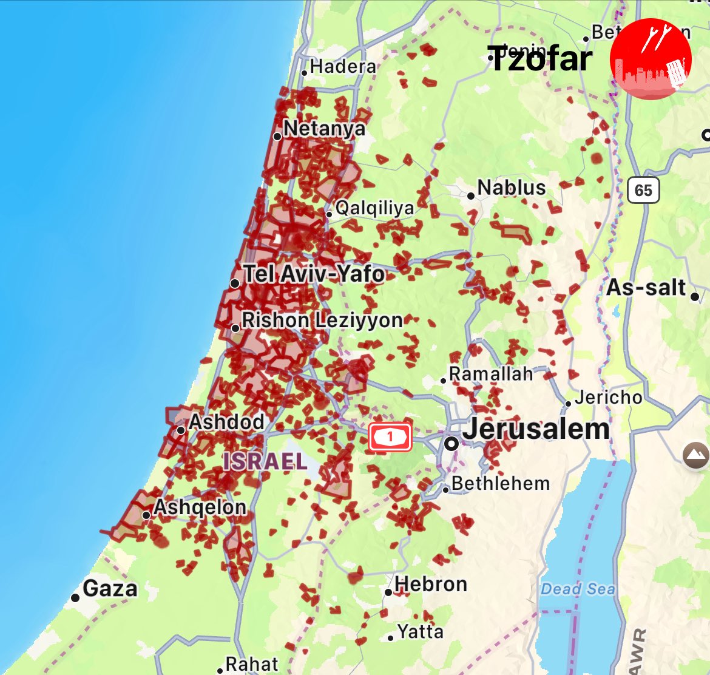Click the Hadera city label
click(343, 66)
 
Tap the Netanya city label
click(324, 129)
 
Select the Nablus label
click(511, 188)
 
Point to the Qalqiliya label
click(374, 208)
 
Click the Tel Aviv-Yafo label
click(313, 274)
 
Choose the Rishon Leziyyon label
click(322, 321)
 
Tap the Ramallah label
click(490, 374)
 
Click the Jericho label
click(608, 397)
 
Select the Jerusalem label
click(536, 430)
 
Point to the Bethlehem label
click(500, 484)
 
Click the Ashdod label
click(226, 422)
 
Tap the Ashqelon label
click(200, 507)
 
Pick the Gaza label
click(110, 588)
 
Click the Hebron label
click(431, 584)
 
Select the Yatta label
click(420, 632)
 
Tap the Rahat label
click(252, 664)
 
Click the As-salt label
click(646, 287)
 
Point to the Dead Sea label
click(577, 589)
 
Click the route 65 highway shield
click(643, 191)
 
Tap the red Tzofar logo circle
click(651, 59)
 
